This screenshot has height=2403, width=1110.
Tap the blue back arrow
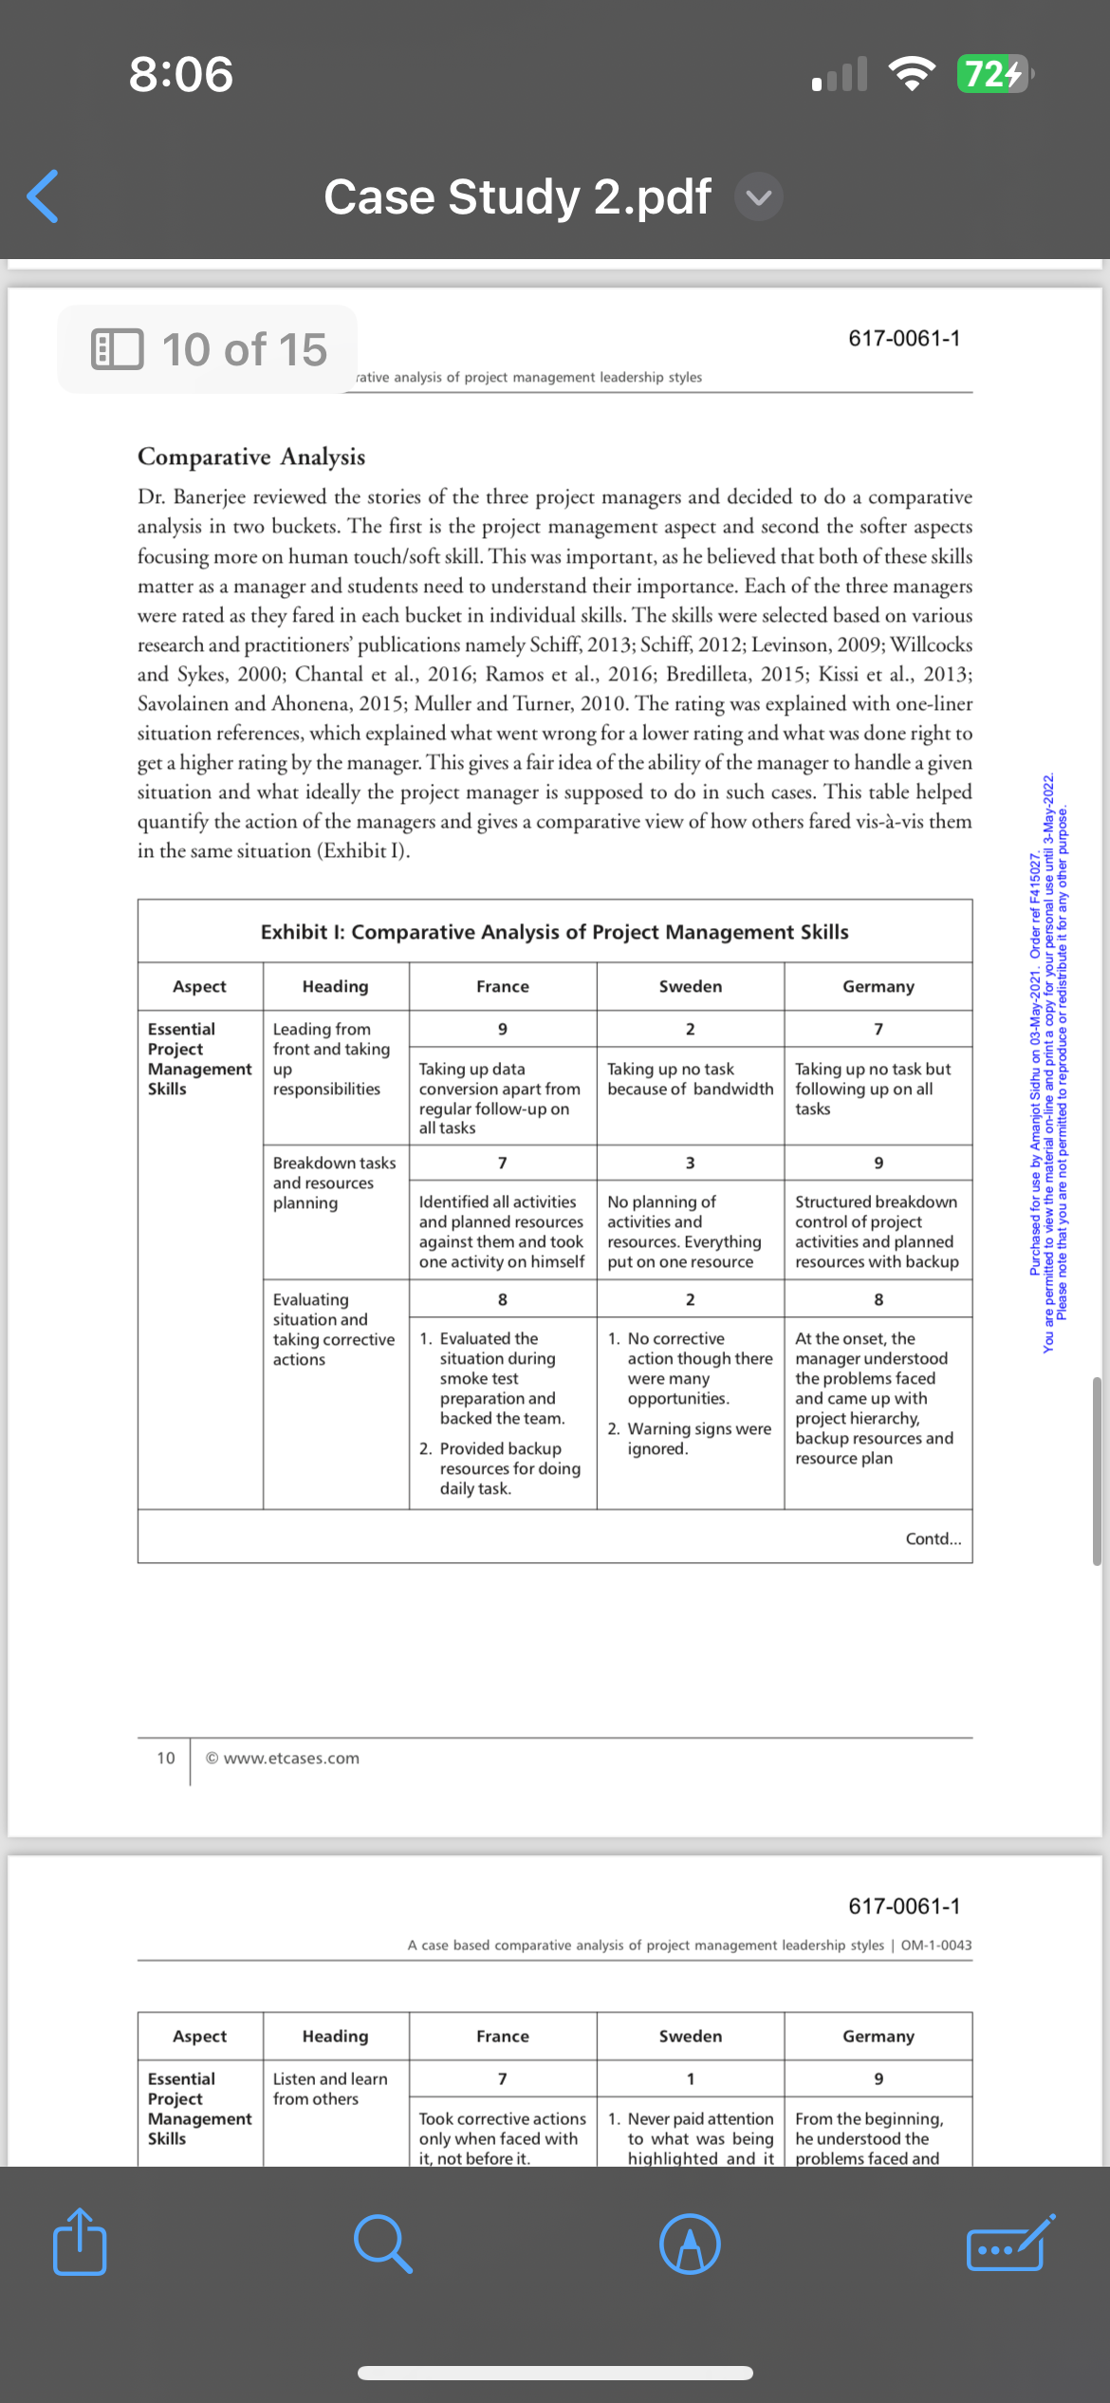click(x=44, y=196)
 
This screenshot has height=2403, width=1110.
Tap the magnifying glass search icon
click(x=382, y=2244)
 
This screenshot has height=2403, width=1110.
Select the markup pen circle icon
click(x=690, y=2244)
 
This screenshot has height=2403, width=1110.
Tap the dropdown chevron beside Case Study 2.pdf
click(x=758, y=197)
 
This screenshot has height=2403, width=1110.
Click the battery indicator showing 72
click(x=993, y=74)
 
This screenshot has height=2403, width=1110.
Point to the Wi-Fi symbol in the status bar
click(x=911, y=74)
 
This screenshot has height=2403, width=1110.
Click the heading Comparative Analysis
click(x=251, y=456)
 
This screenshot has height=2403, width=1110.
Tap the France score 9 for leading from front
click(x=503, y=1029)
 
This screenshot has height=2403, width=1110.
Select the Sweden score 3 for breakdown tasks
click(x=690, y=1163)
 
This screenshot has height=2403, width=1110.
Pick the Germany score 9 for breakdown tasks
click(x=879, y=1163)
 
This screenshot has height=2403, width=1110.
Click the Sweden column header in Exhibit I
click(x=690, y=986)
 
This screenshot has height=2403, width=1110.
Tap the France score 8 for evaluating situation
click(x=503, y=1299)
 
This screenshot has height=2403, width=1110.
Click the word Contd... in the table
click(x=933, y=1538)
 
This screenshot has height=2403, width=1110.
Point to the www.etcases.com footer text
click(x=283, y=1758)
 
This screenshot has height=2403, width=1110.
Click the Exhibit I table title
click(x=554, y=932)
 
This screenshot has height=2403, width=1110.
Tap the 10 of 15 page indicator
click(x=210, y=349)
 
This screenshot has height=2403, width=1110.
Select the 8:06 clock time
click(x=181, y=74)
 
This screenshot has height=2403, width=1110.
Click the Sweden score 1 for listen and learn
click(x=690, y=2078)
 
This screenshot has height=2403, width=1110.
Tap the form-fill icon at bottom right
click(x=1009, y=2244)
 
